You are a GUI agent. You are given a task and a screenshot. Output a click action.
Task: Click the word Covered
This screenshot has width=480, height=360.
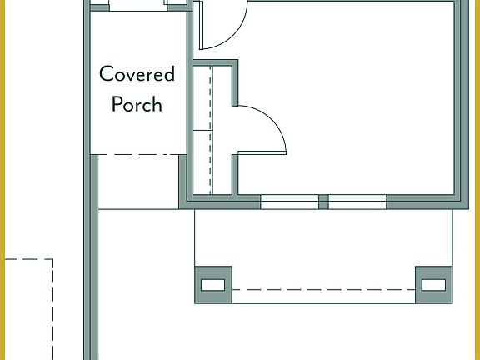(x=137, y=74)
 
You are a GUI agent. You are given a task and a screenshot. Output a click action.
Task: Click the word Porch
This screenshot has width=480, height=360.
(x=137, y=105)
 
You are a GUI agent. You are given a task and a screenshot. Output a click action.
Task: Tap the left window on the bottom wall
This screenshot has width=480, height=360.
(x=289, y=202)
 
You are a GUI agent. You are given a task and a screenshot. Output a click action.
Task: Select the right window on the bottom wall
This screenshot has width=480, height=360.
(x=357, y=202)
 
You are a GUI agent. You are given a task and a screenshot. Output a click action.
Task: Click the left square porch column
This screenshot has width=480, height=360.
(x=213, y=285)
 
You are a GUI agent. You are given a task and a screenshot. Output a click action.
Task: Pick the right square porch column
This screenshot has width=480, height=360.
(x=434, y=285)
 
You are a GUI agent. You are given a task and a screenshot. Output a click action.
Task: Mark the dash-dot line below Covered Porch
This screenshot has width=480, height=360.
(x=137, y=154)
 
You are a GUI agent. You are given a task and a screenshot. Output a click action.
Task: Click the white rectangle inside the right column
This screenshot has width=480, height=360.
(x=434, y=285)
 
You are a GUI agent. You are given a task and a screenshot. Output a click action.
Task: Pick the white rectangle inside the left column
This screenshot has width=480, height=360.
(x=213, y=285)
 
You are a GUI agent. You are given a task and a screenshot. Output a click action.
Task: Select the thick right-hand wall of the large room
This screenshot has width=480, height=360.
(x=459, y=100)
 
